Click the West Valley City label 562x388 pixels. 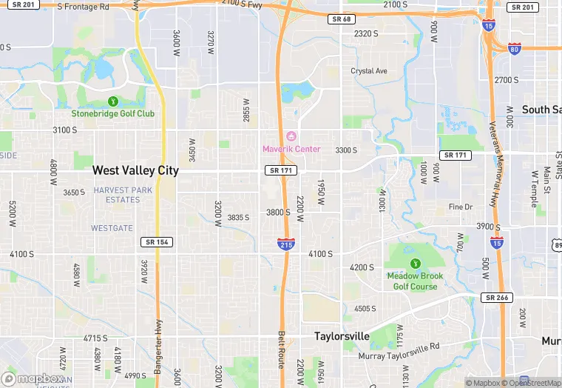pyautogui.click(x=135, y=170)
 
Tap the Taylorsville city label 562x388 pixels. pyautogui.click(x=342, y=336)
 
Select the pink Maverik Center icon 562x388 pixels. pyautogui.click(x=291, y=136)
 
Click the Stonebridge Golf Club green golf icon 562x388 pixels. pyautogui.click(x=113, y=101)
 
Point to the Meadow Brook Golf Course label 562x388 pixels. pyautogui.click(x=415, y=281)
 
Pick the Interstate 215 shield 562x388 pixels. pyautogui.click(x=286, y=244)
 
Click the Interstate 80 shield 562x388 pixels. pyautogui.click(x=515, y=48)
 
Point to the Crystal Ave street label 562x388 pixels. pyautogui.click(x=369, y=71)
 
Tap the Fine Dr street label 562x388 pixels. pyautogui.click(x=460, y=207)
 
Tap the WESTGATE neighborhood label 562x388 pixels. pyautogui.click(x=112, y=228)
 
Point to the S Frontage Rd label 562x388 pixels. pyautogui.click(x=82, y=6)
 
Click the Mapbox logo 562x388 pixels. pyautogui.click(x=33, y=378)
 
